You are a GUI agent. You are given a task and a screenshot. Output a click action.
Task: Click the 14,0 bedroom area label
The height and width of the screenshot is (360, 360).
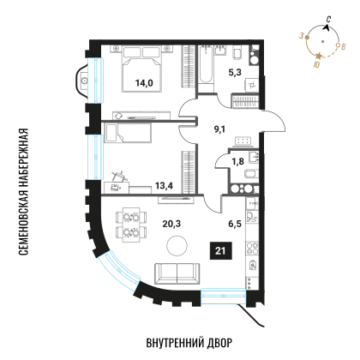point(144,83)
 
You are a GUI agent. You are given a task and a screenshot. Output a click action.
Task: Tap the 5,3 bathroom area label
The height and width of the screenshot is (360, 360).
point(235,73)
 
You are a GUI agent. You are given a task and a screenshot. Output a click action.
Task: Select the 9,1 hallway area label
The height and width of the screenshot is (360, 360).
point(219,129)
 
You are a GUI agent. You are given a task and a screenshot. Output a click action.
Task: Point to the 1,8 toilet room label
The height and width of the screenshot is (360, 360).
point(237,161)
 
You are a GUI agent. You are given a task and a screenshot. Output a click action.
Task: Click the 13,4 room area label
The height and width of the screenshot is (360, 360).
point(164,186)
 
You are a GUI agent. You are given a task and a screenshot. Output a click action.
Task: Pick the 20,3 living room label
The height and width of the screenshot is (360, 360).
point(171,224)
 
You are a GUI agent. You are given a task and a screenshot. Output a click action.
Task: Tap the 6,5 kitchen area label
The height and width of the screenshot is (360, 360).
point(235,224)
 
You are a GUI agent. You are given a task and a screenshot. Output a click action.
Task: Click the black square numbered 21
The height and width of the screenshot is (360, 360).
point(220,251)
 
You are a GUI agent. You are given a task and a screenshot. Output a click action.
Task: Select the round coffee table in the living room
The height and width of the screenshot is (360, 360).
point(177,246)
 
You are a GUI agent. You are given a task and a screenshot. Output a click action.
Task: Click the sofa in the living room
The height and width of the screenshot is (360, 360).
point(177,273)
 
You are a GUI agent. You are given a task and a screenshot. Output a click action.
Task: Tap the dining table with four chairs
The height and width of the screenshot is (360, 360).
point(131,225)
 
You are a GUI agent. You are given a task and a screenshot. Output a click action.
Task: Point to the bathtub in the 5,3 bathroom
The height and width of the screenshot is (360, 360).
point(206,69)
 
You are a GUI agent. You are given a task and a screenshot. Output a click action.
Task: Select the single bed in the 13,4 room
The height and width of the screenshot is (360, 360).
point(128,132)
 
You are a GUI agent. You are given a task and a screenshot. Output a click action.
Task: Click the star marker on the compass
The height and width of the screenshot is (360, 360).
point(319,56)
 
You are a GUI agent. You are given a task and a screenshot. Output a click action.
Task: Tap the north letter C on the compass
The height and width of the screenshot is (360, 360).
point(329,20)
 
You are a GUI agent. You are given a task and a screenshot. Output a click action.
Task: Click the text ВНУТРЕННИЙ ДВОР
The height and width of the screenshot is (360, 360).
point(189,343)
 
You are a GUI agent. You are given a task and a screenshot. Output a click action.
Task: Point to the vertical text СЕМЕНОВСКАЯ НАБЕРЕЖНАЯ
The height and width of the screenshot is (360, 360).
point(23,191)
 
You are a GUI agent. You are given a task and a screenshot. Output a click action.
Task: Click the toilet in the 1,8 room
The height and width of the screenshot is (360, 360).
point(251,173)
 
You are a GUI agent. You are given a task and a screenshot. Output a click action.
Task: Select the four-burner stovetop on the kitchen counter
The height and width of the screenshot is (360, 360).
point(252,248)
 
